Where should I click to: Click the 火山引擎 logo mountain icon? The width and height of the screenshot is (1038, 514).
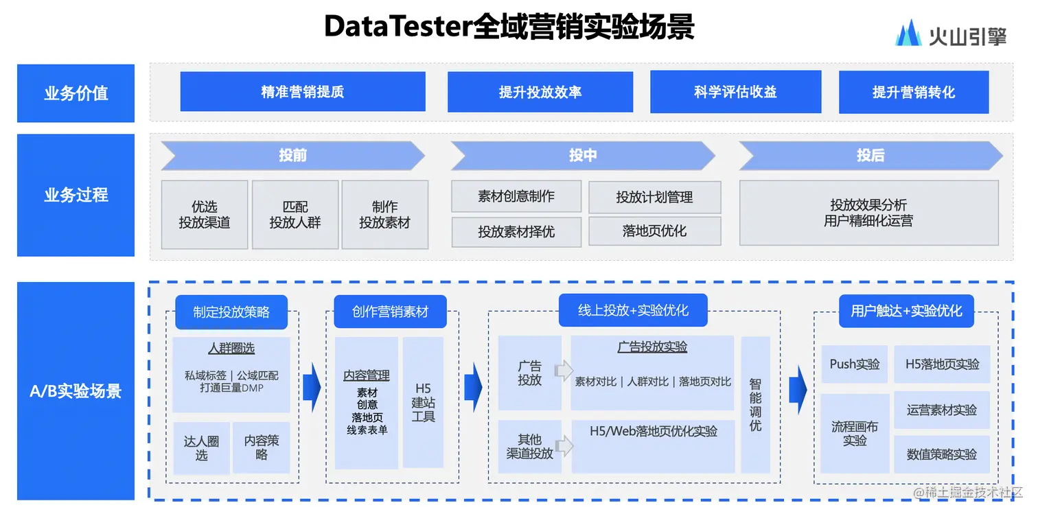908,33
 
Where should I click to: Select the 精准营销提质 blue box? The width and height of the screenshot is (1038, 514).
303,91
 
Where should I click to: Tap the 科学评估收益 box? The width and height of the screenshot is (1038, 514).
735,91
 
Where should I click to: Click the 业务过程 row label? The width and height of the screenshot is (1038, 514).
76,195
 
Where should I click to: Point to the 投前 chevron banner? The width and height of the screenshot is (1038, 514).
293,156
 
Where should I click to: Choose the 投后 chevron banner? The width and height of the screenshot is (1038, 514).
870,156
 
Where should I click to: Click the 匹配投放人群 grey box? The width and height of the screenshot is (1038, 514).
295,215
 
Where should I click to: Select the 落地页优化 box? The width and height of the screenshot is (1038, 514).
654,231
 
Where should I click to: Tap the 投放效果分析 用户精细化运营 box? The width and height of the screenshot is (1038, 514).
868,213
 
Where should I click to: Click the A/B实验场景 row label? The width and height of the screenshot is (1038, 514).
76,391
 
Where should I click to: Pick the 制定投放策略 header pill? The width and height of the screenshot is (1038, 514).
231,312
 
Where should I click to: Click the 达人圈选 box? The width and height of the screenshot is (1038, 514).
201,448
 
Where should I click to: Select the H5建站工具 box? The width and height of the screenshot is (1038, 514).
423,402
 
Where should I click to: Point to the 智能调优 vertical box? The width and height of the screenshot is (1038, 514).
755,405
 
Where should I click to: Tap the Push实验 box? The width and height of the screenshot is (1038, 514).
855,364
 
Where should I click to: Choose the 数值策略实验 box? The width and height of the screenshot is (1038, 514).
942,454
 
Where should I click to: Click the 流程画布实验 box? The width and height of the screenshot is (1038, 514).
855,434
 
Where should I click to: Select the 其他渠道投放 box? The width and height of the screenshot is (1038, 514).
529,447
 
